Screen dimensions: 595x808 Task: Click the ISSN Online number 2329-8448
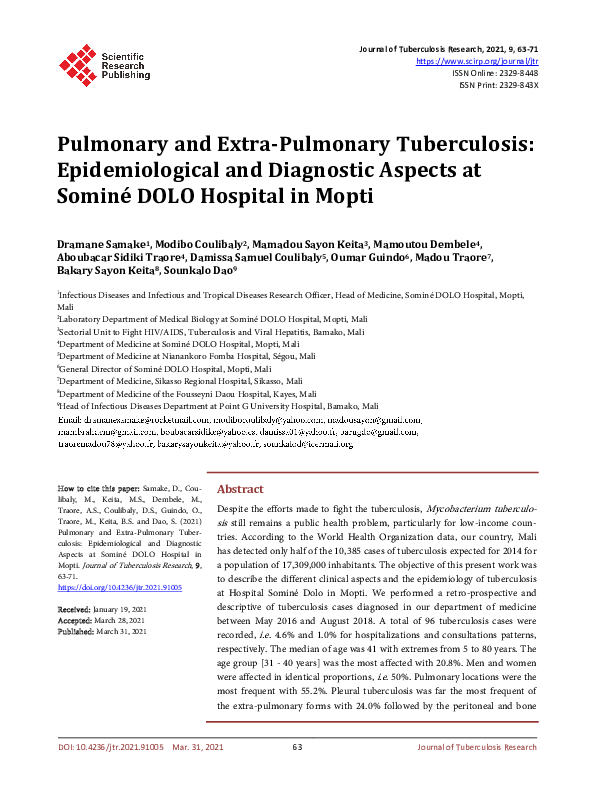point(515,72)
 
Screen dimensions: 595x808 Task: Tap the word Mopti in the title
point(339,196)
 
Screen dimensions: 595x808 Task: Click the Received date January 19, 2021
point(117,609)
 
